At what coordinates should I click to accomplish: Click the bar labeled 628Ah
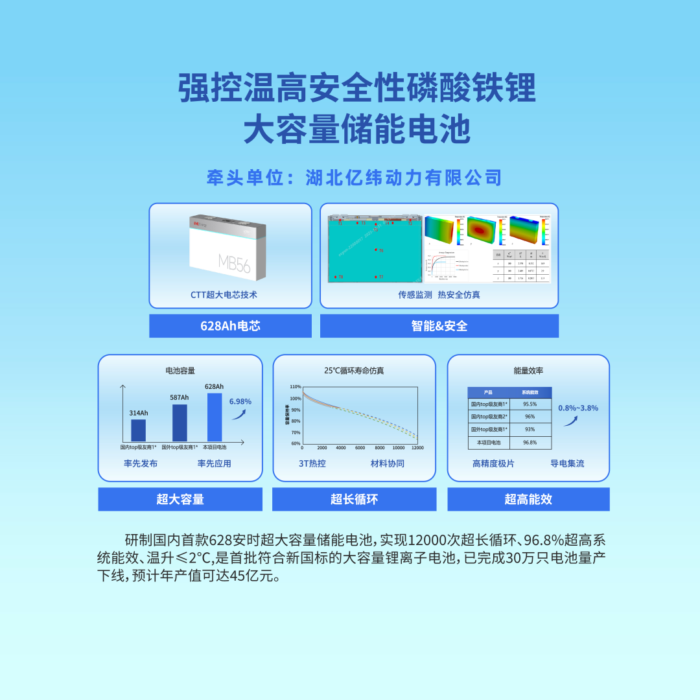pos(215,417)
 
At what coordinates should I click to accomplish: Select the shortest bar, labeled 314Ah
pos(139,430)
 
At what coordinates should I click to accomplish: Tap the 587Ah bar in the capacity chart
pos(180,423)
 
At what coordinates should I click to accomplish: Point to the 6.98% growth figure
pos(240,401)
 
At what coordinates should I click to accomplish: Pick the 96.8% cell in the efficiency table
pos(530,443)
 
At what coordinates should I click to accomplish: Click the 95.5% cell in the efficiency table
pos(530,404)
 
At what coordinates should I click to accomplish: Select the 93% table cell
pos(530,430)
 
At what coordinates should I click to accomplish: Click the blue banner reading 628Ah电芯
pos(230,326)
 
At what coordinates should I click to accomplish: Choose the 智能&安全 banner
pos(439,326)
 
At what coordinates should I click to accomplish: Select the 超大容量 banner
pos(180,499)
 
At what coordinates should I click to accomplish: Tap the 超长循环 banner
pos(354,499)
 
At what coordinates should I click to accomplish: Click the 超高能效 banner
pos(528,499)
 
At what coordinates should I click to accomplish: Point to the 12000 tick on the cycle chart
pos(417,448)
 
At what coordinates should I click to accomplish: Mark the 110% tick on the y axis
pos(295,387)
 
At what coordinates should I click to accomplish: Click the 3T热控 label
pos(312,463)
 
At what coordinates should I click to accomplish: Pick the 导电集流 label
pos(567,463)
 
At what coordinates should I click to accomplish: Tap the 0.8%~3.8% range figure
pos(578,408)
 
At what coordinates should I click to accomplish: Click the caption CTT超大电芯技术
pos(224,294)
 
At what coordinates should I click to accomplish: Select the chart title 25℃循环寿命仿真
pos(354,371)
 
